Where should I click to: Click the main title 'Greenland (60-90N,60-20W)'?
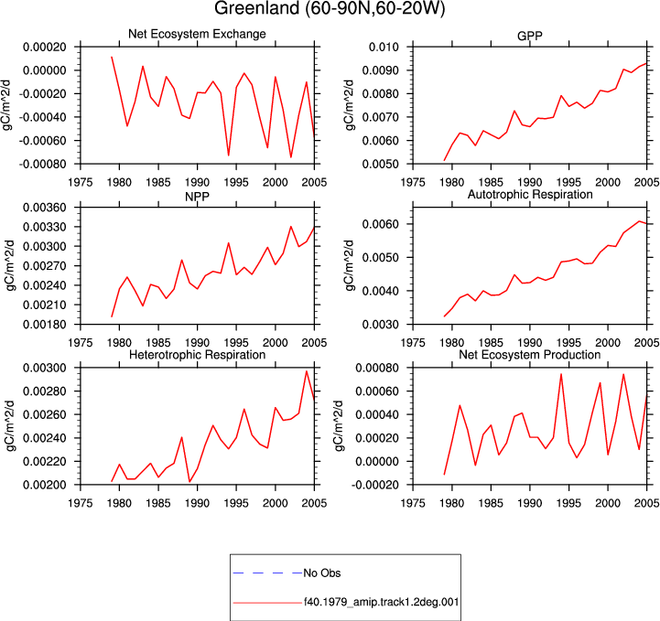pyautogui.click(x=330, y=8)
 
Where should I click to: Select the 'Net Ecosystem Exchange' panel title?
pyautogui.click(x=197, y=34)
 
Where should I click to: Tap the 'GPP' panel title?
pyautogui.click(x=529, y=37)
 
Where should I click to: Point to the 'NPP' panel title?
pyautogui.click(x=197, y=197)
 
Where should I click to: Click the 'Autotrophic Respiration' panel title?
pyautogui.click(x=530, y=194)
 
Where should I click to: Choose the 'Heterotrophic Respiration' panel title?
pyautogui.click(x=197, y=355)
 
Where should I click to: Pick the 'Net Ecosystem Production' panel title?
pyautogui.click(x=529, y=355)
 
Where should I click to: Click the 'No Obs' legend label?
pyautogui.click(x=322, y=573)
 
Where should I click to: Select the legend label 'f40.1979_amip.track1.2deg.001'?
pyautogui.click(x=381, y=602)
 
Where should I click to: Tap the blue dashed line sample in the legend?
pyautogui.click(x=267, y=573)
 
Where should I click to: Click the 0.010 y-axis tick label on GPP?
pyautogui.click(x=384, y=47)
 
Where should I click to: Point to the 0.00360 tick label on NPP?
pyautogui.click(x=45, y=208)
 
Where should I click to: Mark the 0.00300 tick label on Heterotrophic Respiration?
pyautogui.click(x=45, y=369)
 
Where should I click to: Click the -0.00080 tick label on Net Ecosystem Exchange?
pyautogui.click(x=42, y=164)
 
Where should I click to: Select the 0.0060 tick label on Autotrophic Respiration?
pyautogui.click(x=381, y=224)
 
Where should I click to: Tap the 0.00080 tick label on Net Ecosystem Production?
pyautogui.click(x=377, y=369)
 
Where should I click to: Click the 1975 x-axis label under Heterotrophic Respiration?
pyautogui.click(x=81, y=503)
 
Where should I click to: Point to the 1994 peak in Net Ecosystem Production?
pyautogui.click(x=561, y=374)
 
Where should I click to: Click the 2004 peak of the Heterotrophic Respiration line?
pyautogui.click(x=307, y=371)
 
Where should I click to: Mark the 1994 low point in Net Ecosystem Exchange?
pyautogui.click(x=229, y=155)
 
